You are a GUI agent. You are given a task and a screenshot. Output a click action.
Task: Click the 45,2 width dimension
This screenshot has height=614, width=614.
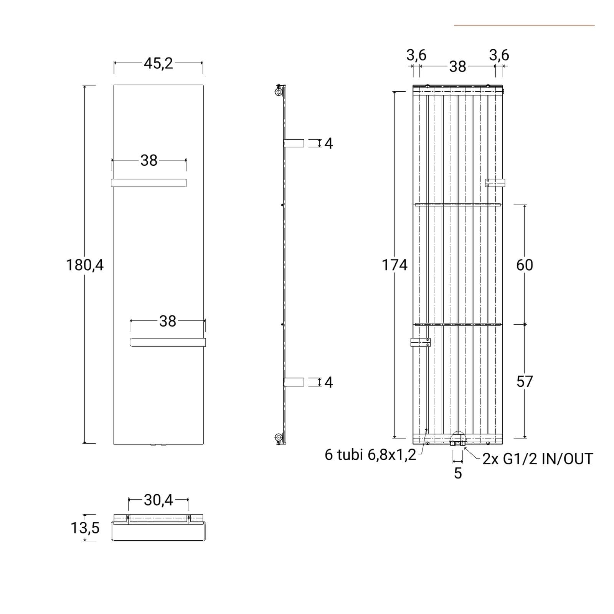click(x=158, y=63)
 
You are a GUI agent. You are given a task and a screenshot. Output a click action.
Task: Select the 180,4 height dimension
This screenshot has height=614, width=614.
click(x=85, y=265)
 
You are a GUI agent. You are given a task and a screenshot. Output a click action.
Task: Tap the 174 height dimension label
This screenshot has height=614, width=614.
click(x=394, y=265)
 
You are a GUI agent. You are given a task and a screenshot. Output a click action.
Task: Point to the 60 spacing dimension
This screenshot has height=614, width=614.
click(x=525, y=265)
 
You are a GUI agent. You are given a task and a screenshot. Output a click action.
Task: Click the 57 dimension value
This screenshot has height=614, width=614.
click(x=525, y=381)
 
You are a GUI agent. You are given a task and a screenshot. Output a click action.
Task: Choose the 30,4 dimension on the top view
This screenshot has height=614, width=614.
click(x=158, y=500)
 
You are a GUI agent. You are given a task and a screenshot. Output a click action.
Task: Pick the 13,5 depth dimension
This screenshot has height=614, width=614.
click(x=85, y=528)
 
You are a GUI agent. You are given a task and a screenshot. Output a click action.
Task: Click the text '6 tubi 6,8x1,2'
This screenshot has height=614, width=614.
click(x=370, y=455)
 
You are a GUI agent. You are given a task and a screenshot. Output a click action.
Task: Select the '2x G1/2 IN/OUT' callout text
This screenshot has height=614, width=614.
click(x=538, y=459)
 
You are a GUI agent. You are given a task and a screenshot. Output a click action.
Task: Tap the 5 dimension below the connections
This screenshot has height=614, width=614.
click(x=458, y=473)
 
